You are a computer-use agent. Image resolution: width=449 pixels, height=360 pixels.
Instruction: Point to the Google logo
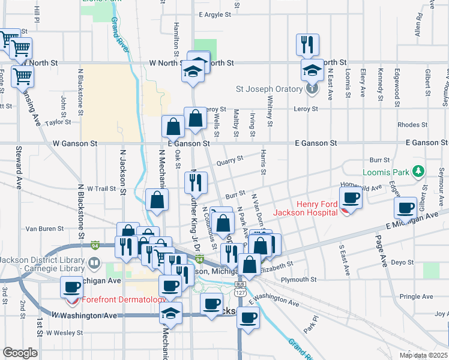pos(20,353)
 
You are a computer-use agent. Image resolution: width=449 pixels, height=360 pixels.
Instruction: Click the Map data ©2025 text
pos(424,355)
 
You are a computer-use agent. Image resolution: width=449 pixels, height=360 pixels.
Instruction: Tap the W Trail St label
pos(101,188)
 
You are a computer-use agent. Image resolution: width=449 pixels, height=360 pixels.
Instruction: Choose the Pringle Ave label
pos(416,296)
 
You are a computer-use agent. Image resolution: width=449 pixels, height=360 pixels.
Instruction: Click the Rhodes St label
pos(412,125)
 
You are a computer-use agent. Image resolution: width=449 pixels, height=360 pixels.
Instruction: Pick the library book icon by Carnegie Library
pos(94,263)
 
